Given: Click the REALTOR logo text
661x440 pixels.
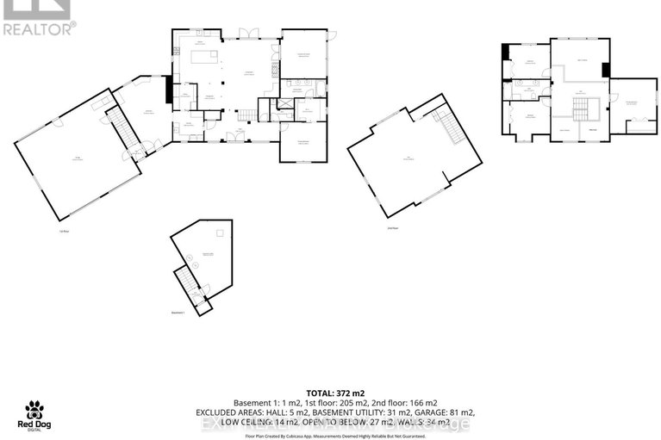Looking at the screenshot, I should point(40,28).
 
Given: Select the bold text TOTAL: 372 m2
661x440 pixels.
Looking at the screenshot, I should point(330,392).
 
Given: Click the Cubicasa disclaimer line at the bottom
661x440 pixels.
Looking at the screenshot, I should point(330,436).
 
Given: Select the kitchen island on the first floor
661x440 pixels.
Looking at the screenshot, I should point(203,58).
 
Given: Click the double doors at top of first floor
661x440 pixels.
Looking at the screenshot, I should point(249,34).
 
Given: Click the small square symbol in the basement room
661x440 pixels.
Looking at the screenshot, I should point(196,266).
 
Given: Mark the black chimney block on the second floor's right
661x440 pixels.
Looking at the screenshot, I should point(605,70).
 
